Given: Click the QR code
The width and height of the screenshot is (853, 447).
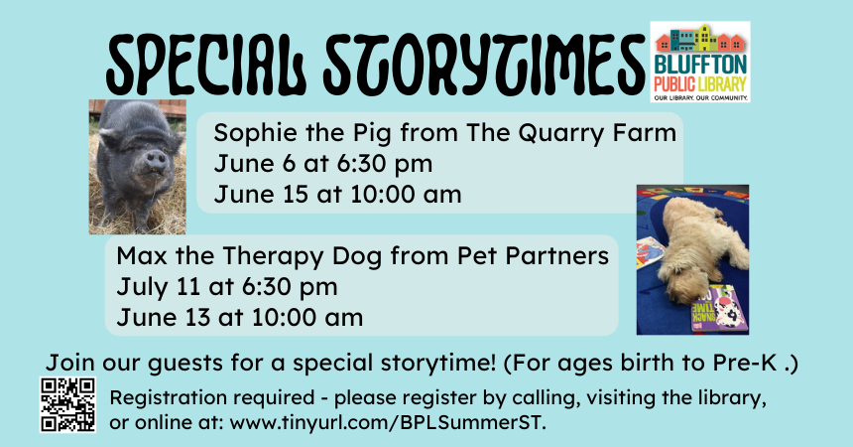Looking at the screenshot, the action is tap(68, 404).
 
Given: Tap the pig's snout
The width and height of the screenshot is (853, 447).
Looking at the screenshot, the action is tap(156, 160).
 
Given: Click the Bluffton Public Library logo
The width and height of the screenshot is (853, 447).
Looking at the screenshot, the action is tap(700, 63).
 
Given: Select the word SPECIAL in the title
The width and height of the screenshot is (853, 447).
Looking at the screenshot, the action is tap(209, 65).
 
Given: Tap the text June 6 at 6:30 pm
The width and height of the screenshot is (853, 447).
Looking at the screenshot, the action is tap(323, 164).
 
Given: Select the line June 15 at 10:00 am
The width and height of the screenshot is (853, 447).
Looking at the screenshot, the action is tap(337, 194).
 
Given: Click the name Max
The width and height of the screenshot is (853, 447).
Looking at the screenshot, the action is tap(142, 255).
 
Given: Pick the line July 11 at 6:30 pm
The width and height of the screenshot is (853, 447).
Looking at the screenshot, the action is tap(227, 287).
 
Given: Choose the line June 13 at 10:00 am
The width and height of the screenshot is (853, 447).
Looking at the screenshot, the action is tap(240, 318).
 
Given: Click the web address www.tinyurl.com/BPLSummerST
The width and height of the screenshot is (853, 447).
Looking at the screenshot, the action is tap(388, 422).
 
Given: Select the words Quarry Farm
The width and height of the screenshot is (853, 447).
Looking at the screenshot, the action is tap(597, 133).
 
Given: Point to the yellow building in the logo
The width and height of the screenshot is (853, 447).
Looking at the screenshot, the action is tap(705, 38).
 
